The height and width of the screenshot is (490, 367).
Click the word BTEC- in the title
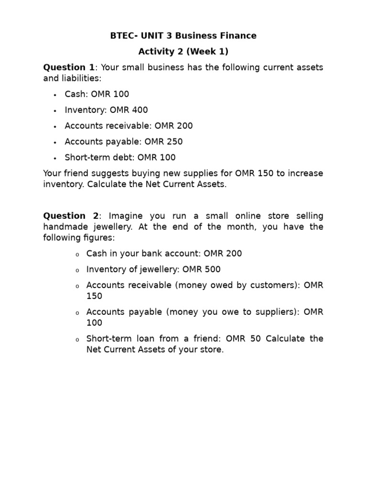pyautogui.click(x=123, y=36)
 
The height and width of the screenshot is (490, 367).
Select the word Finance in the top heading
pyautogui.click(x=237, y=36)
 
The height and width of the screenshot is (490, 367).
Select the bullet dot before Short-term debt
pyautogui.click(x=55, y=158)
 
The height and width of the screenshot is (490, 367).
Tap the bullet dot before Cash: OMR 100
pyautogui.click(x=55, y=95)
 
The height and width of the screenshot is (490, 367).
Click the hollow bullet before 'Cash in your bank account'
pyautogui.click(x=77, y=254)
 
